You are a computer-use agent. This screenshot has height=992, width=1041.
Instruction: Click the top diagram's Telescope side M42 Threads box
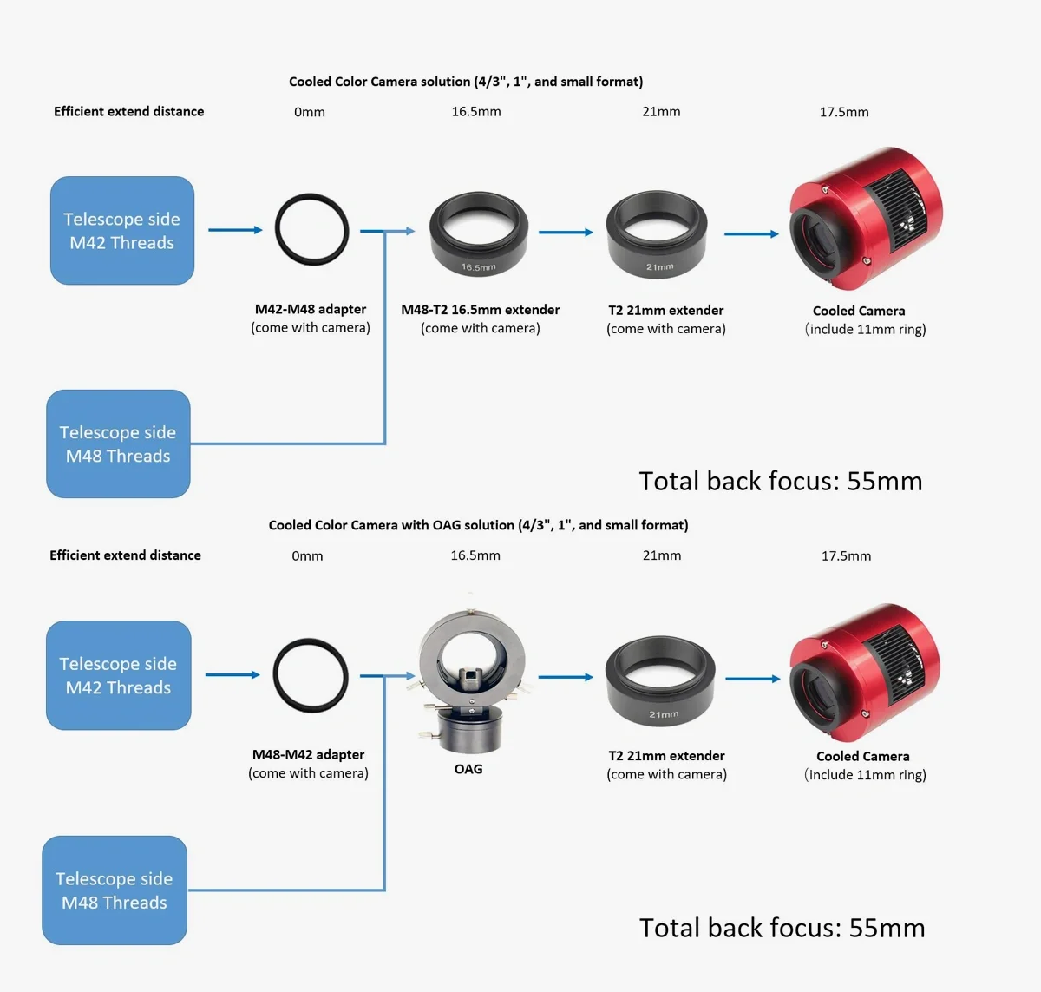tap(122, 231)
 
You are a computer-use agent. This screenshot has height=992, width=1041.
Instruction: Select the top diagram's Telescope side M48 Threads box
tap(118, 443)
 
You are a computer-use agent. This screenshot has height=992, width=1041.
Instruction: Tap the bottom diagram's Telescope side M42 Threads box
tap(119, 675)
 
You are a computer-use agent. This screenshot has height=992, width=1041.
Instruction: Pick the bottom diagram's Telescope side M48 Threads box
tap(115, 890)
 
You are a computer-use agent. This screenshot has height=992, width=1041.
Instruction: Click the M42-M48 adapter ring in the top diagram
tap(311, 230)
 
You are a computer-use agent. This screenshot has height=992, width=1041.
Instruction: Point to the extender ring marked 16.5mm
tap(479, 234)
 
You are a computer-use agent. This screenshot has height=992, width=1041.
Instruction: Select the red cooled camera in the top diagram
tap(865, 219)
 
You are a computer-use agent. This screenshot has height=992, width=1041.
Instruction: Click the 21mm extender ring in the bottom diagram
tap(660, 681)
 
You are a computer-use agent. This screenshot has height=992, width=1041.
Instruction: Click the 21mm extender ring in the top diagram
tap(657, 234)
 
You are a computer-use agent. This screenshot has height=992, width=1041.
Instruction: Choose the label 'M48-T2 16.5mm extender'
tap(480, 310)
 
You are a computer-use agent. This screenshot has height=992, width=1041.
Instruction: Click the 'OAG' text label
tap(468, 769)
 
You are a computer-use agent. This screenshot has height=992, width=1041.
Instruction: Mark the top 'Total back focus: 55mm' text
tap(780, 481)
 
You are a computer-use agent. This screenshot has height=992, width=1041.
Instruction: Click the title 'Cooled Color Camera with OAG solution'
tap(478, 525)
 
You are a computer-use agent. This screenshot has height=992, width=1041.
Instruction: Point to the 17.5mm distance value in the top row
tap(844, 112)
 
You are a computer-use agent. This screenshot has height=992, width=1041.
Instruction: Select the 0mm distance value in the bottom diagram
tap(307, 556)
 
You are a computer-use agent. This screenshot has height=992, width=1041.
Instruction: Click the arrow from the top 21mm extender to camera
tap(751, 233)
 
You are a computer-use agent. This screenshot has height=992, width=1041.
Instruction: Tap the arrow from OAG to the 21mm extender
tap(566, 677)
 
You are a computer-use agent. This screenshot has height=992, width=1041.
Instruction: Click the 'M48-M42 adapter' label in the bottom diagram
tap(308, 755)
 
